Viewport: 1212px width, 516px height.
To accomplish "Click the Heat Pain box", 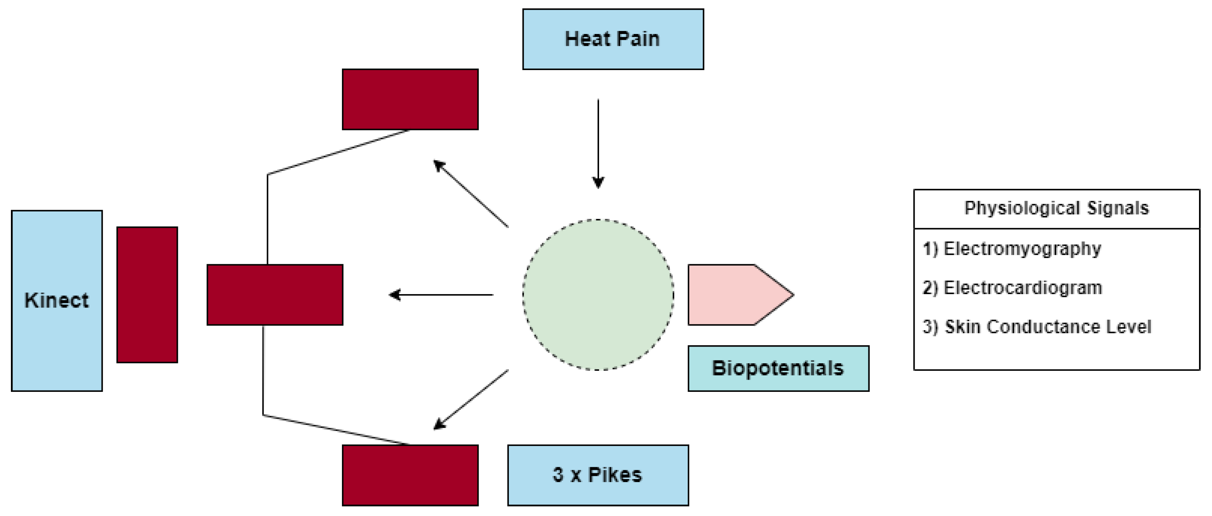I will [x=613, y=39].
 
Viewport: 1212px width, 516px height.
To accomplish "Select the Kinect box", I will [x=57, y=300].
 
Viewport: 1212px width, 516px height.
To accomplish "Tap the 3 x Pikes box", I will [x=597, y=474].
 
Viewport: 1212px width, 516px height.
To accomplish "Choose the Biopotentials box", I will [x=778, y=368].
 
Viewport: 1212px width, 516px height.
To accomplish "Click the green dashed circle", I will [x=597, y=294].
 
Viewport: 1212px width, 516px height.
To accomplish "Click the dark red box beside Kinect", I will [x=147, y=294].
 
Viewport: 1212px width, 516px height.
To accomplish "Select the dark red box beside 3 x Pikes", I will [x=410, y=474].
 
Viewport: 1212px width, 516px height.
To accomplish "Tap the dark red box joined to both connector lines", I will [x=275, y=294].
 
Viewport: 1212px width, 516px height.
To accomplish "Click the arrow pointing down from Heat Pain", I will [x=598, y=143].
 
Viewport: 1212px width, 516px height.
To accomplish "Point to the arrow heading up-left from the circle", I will [x=471, y=193].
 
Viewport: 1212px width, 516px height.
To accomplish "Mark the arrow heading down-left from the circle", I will [x=471, y=400].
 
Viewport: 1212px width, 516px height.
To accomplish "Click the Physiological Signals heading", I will [x=1056, y=208].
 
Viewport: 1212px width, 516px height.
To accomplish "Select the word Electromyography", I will [x=1022, y=248].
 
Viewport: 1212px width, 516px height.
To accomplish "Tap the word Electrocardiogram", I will [x=1022, y=287].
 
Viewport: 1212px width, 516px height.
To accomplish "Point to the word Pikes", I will [x=615, y=474].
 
